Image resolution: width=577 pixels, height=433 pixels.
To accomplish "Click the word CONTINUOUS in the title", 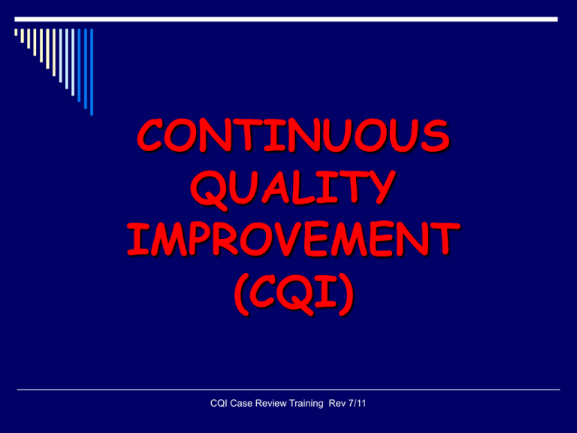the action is [293, 135].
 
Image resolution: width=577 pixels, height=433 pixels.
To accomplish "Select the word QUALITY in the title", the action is [293, 189].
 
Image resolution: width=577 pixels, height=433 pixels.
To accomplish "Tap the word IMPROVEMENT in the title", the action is [293, 239].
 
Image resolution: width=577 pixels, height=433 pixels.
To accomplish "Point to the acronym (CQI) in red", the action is [294, 294].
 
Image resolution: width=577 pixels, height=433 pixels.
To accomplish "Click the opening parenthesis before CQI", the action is [242, 294].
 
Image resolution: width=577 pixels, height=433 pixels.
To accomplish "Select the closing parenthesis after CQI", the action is [346, 294].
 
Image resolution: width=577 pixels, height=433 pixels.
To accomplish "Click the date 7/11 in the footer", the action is [357, 404].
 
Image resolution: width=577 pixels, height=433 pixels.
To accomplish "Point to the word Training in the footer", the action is [307, 404].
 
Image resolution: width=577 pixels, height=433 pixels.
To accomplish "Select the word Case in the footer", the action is [242, 404].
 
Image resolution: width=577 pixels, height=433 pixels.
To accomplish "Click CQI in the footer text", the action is [219, 404].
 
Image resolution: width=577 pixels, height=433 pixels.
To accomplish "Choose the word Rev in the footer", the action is [337, 404].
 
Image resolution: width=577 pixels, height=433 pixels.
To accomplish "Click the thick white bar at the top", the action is [286, 19].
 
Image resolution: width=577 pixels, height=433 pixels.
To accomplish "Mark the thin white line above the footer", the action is [288, 389].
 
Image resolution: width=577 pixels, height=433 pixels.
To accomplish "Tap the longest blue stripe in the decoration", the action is [92, 72].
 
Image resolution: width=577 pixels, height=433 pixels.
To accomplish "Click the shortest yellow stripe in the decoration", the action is [16, 32].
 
